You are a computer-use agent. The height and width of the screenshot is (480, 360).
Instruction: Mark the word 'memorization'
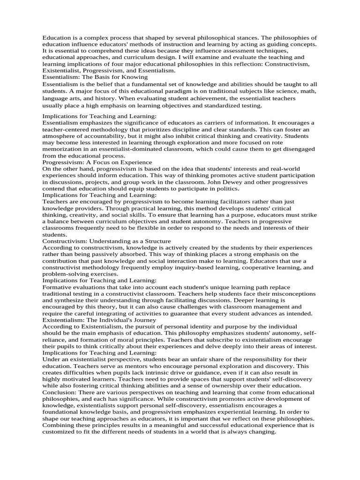[x=63, y=149]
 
